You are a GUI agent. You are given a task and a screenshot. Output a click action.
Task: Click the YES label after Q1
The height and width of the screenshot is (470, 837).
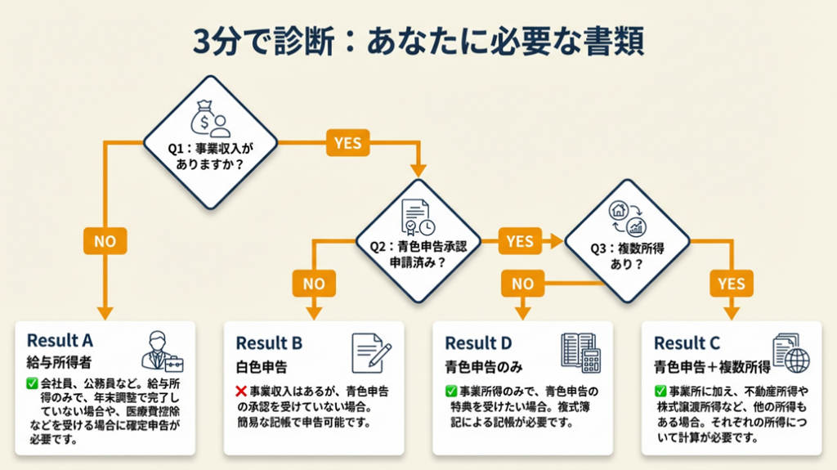pyautogui.click(x=347, y=144)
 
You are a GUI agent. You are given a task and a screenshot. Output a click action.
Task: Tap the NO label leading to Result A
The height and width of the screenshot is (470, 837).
pyautogui.click(x=105, y=241)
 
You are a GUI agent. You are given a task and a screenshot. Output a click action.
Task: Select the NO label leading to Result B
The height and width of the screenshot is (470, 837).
pyautogui.click(x=315, y=283)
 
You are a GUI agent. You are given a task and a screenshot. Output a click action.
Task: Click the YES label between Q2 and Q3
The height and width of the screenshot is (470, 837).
pyautogui.click(x=521, y=241)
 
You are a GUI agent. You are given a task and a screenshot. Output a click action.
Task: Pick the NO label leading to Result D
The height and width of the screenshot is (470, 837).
pyautogui.click(x=523, y=283)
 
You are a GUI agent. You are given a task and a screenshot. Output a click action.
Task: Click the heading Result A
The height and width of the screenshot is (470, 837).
pyautogui.click(x=61, y=340)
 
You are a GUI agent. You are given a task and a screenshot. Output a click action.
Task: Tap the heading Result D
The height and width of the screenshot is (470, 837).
pyautogui.click(x=478, y=343)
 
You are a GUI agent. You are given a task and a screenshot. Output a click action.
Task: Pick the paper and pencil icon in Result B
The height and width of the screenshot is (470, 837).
pyautogui.click(x=371, y=352)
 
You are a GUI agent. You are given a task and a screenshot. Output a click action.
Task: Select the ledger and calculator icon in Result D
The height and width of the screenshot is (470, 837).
pyautogui.click(x=580, y=352)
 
